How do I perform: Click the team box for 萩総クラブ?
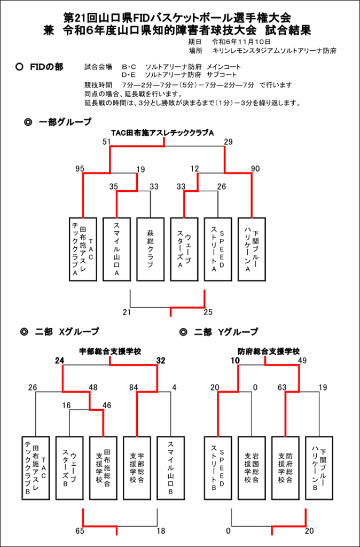click(150, 249)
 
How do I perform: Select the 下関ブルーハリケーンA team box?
click(252, 249)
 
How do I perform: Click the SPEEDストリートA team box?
click(218, 249)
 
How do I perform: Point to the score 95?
click(80, 169)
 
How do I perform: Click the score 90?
click(256, 169)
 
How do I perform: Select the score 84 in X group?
click(133, 388)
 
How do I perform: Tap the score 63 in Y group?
click(282, 388)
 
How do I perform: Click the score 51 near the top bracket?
click(107, 142)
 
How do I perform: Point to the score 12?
click(194, 169)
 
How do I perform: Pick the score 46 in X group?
click(107, 405)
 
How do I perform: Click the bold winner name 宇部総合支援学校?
click(110, 351)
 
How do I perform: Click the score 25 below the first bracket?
click(208, 312)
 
